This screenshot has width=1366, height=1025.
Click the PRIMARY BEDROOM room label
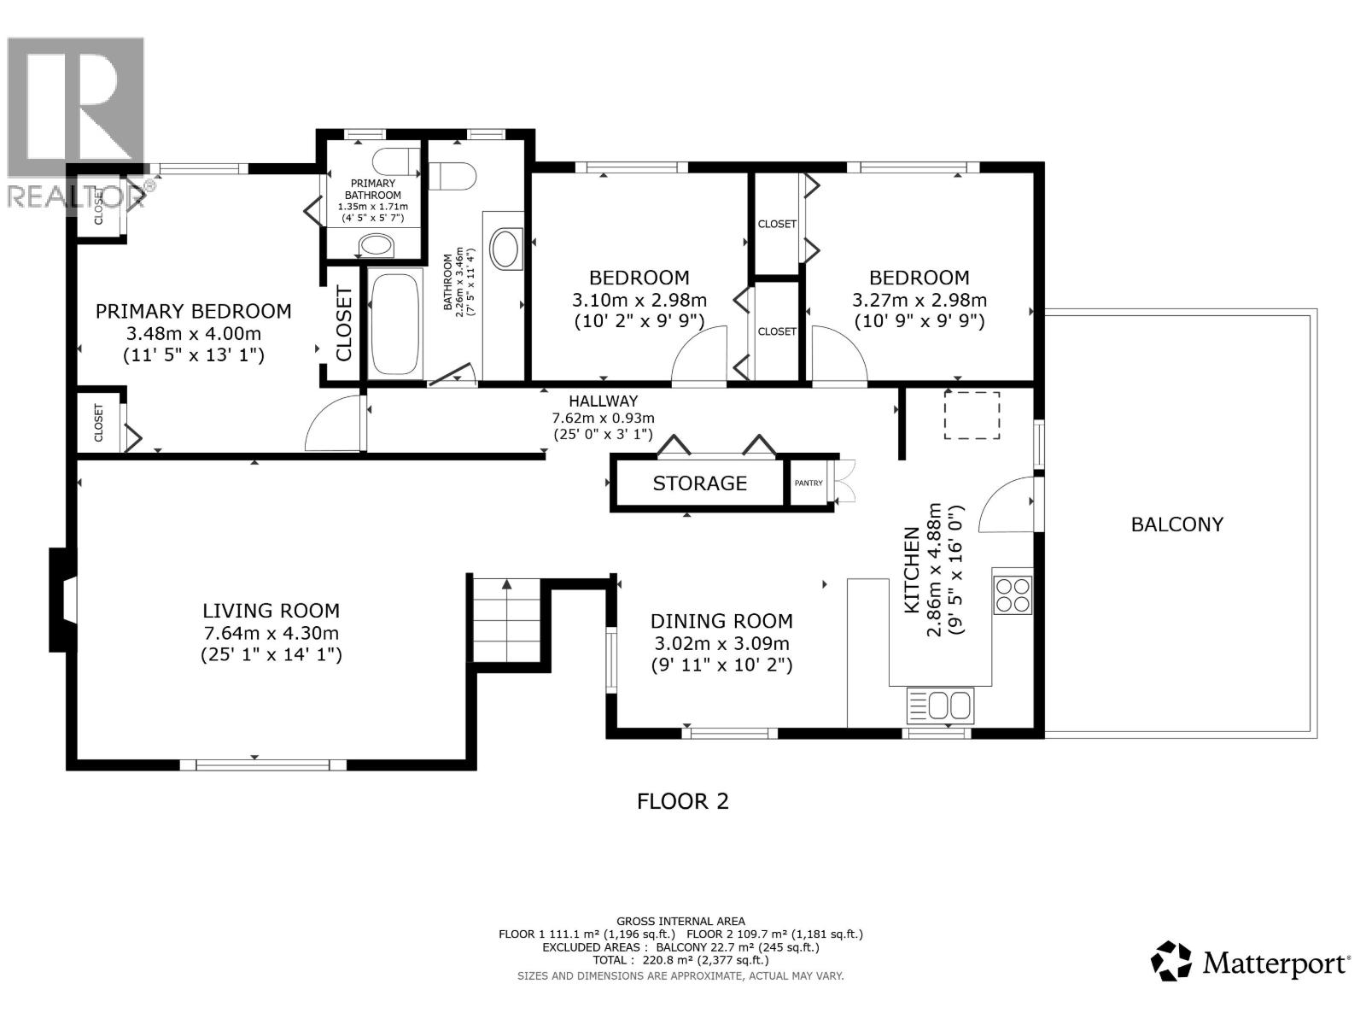tap(193, 312)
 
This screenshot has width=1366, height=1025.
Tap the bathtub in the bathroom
tap(394, 324)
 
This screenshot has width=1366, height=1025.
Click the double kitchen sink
tap(939, 706)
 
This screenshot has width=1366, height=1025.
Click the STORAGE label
tap(699, 483)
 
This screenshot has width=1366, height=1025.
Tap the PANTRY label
tap(809, 483)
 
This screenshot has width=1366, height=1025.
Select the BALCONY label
tap(1176, 524)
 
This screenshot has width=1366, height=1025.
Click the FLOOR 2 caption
tap(683, 801)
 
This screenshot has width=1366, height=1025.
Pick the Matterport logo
tap(1251, 963)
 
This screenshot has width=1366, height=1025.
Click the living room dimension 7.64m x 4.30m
tap(271, 633)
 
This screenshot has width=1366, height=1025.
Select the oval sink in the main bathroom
tap(505, 249)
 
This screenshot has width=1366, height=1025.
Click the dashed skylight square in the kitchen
tap(972, 415)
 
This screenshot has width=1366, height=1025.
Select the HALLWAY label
tap(603, 401)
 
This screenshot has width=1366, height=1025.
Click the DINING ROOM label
tap(721, 621)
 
